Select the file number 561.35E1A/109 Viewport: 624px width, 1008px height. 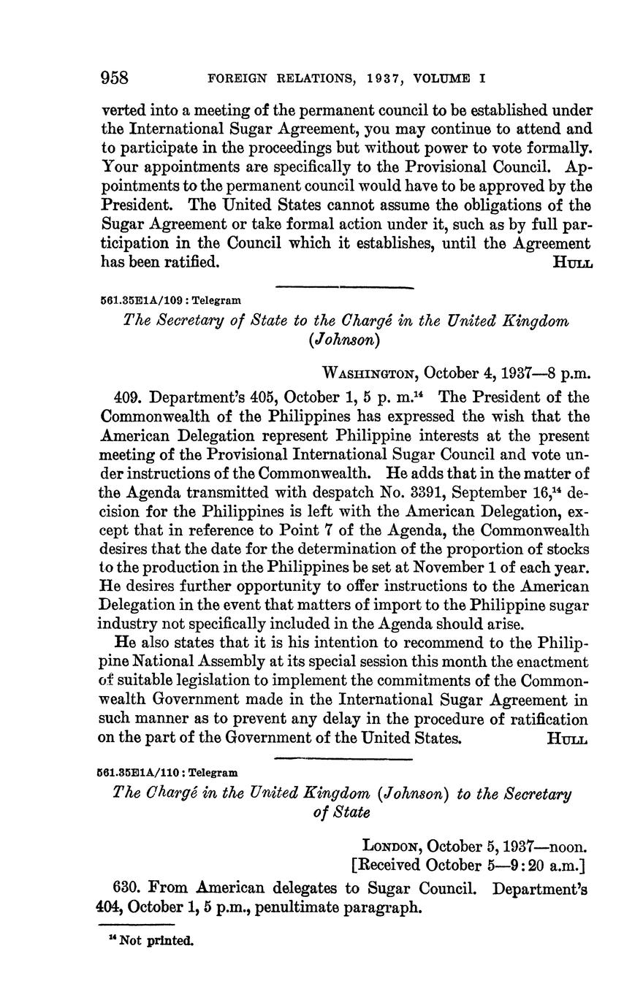point(142,300)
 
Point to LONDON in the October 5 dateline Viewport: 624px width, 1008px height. point(392,847)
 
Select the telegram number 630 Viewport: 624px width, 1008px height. point(127,889)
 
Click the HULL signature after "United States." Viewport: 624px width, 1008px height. point(567,738)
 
